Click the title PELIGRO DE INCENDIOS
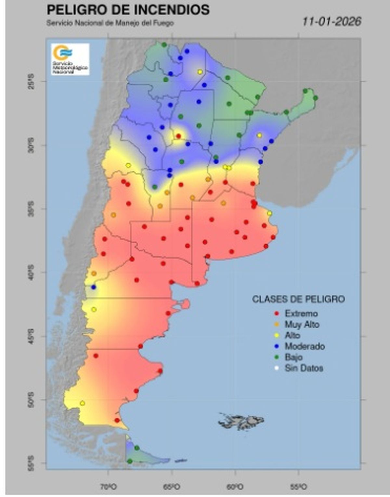[x=128, y=10]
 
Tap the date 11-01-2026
[x=331, y=22]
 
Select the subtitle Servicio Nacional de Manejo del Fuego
[x=110, y=23]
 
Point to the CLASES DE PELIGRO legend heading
[x=298, y=299]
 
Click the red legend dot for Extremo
[x=277, y=313]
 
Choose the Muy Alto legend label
[x=302, y=325]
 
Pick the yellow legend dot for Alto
[x=277, y=336]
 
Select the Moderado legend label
[x=305, y=346]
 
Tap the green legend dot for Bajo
[x=277, y=357]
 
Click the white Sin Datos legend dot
[x=277, y=368]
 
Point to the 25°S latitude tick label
[x=31, y=81]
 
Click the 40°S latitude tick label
[x=31, y=272]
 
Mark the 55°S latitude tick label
[x=31, y=463]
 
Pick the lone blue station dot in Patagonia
[x=94, y=287]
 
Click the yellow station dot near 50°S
[x=83, y=403]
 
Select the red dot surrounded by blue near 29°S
[x=178, y=136]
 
